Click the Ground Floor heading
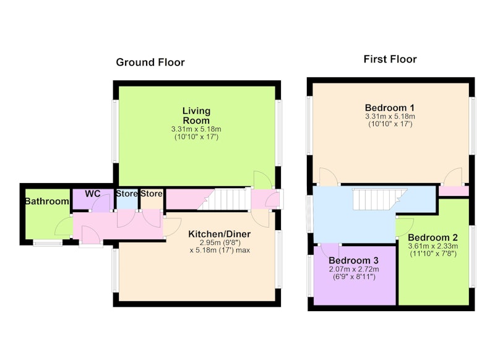point(150,62)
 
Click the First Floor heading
point(390,59)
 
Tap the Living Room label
point(196,116)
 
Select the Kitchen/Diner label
point(220,234)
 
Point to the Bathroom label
point(47,201)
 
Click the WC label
point(92,194)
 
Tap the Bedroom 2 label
point(433,238)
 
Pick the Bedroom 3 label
point(353,260)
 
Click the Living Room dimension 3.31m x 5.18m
point(196,129)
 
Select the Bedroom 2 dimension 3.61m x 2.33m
point(433,246)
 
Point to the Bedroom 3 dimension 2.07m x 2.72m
point(353,270)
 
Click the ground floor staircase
point(224,199)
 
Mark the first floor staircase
point(380,199)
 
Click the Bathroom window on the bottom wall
point(48,243)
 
